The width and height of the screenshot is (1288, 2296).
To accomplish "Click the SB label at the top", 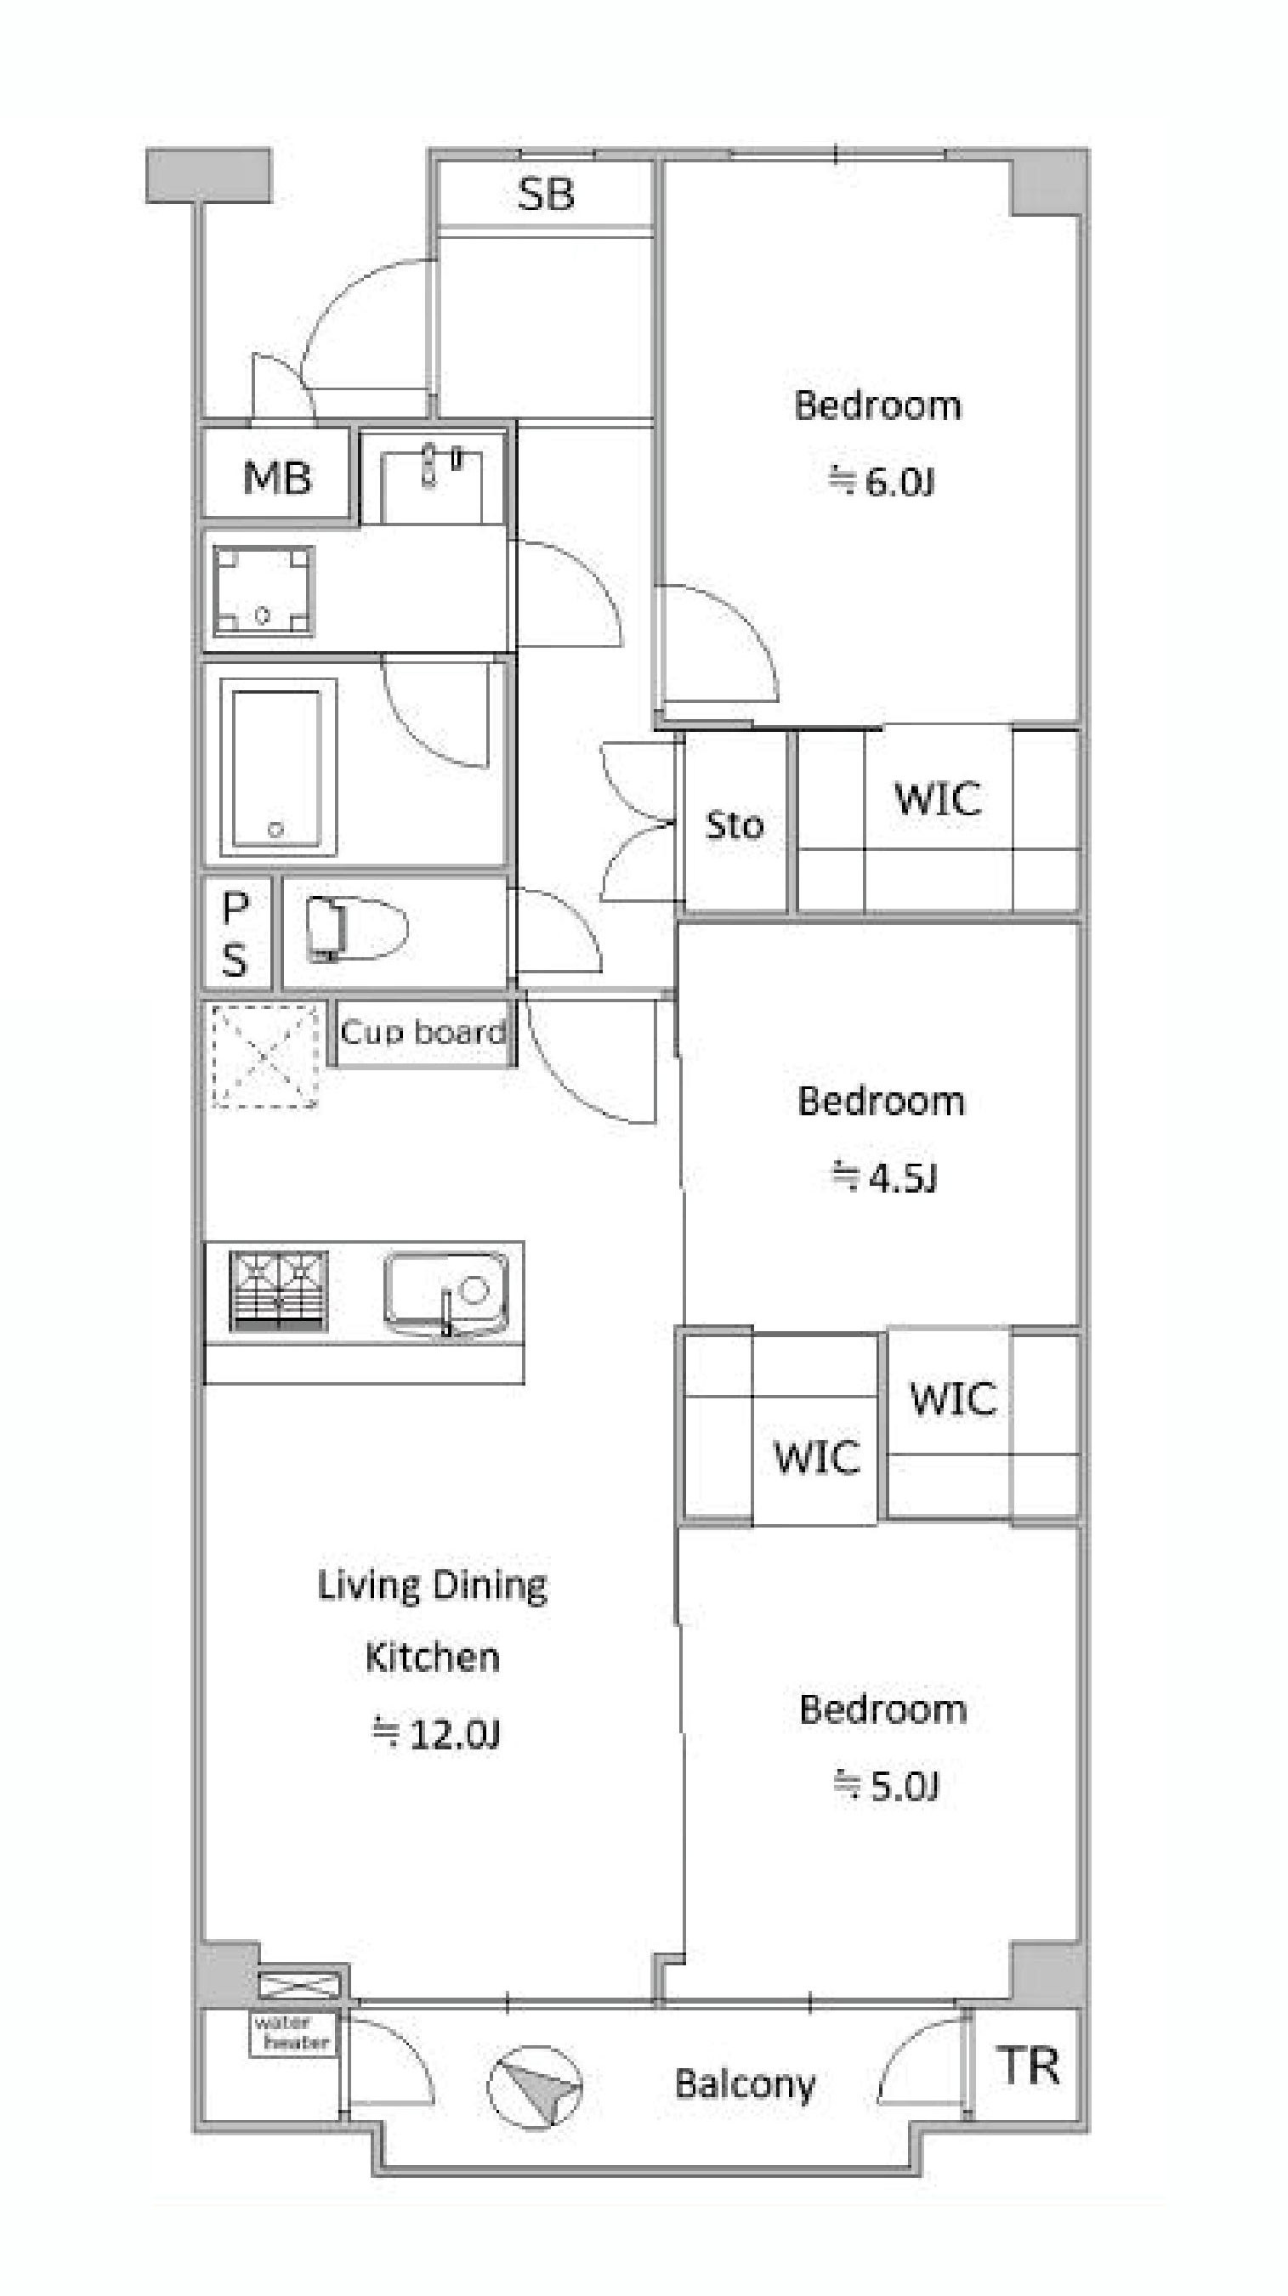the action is point(546,194).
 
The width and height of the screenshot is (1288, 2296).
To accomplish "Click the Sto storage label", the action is point(735,825).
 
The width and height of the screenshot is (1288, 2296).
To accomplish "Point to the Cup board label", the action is point(423,1032).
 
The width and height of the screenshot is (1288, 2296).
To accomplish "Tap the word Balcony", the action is point(745,2084).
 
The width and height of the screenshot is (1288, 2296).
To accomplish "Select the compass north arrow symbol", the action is point(535,2087).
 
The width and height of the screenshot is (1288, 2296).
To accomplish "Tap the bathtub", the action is point(276,767).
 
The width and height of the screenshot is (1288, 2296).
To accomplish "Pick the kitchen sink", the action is point(446,1293).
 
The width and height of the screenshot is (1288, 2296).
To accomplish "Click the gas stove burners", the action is point(279,1291).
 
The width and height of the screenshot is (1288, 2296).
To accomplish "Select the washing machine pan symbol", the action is point(263,589).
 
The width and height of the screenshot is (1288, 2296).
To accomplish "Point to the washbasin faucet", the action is point(429,465).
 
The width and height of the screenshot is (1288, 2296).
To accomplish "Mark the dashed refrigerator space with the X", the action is point(264,1055).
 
